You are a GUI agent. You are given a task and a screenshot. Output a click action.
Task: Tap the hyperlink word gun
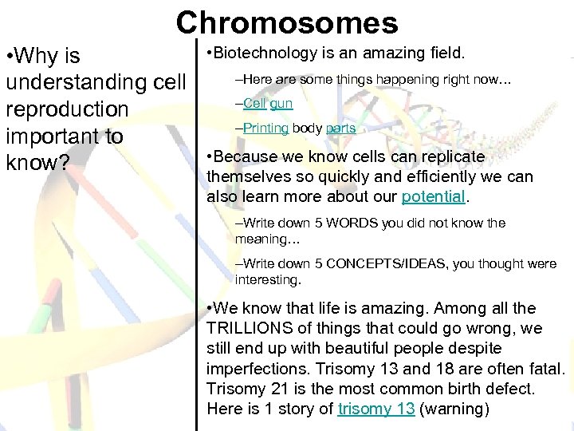tap(281, 104)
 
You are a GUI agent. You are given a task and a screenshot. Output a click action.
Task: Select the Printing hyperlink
tap(265, 128)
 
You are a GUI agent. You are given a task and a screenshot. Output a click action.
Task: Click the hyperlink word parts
tap(340, 129)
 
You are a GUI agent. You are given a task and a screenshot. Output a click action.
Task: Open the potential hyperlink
tap(433, 196)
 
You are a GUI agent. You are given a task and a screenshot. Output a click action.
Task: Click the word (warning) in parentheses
tap(452, 409)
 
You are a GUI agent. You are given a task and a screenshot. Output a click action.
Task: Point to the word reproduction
tap(67, 109)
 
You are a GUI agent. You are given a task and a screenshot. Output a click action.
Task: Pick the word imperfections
tap(258, 369)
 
